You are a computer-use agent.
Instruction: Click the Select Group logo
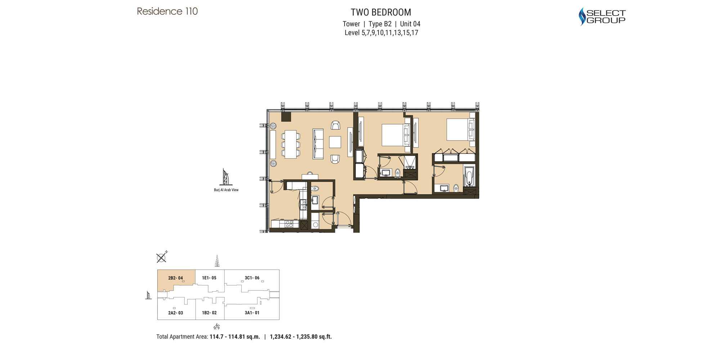[602, 17]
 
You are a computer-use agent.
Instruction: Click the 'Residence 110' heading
[167, 12]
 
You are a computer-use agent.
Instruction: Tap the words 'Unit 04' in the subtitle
[410, 24]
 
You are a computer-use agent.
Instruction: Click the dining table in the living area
[291, 144]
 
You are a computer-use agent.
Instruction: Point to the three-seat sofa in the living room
[318, 144]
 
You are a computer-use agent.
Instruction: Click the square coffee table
[335, 142]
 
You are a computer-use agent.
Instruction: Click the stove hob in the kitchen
[289, 224]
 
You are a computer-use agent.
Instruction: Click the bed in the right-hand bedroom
[459, 130]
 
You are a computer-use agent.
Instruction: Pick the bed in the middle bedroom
[394, 135]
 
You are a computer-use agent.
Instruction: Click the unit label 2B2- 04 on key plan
[175, 278]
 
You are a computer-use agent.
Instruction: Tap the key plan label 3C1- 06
[252, 278]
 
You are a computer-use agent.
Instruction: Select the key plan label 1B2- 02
[209, 313]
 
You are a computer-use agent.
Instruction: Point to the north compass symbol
[162, 257]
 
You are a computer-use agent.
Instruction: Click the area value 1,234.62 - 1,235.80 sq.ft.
[301, 337]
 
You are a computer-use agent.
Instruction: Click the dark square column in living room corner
[286, 117]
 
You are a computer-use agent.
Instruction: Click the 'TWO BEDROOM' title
[381, 12]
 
